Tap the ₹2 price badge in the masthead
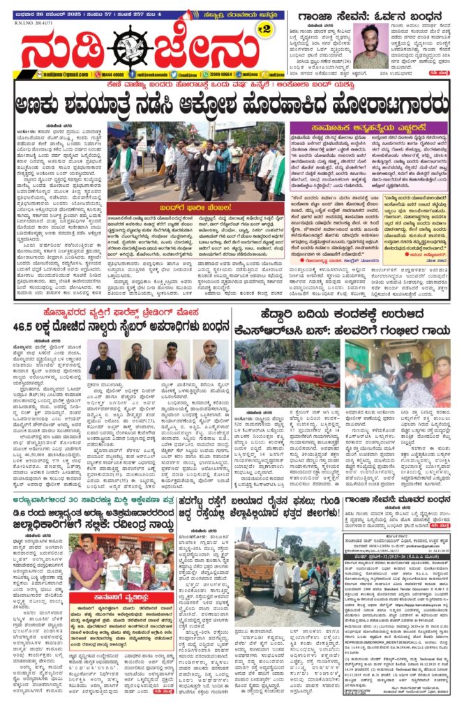pos(263,29)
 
